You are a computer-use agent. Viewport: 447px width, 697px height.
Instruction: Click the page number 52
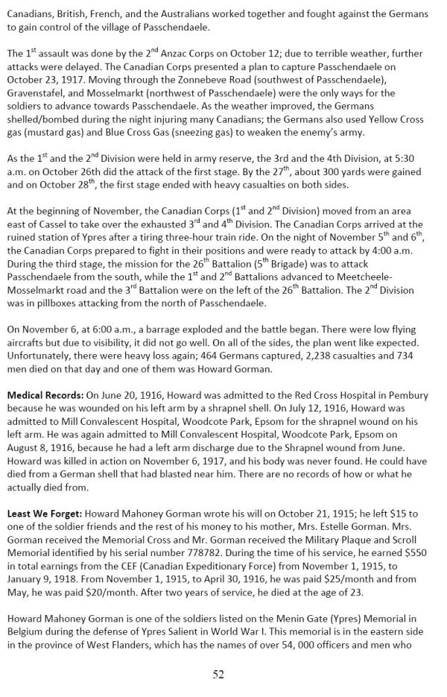218,675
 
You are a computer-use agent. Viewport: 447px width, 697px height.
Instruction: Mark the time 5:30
424,183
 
